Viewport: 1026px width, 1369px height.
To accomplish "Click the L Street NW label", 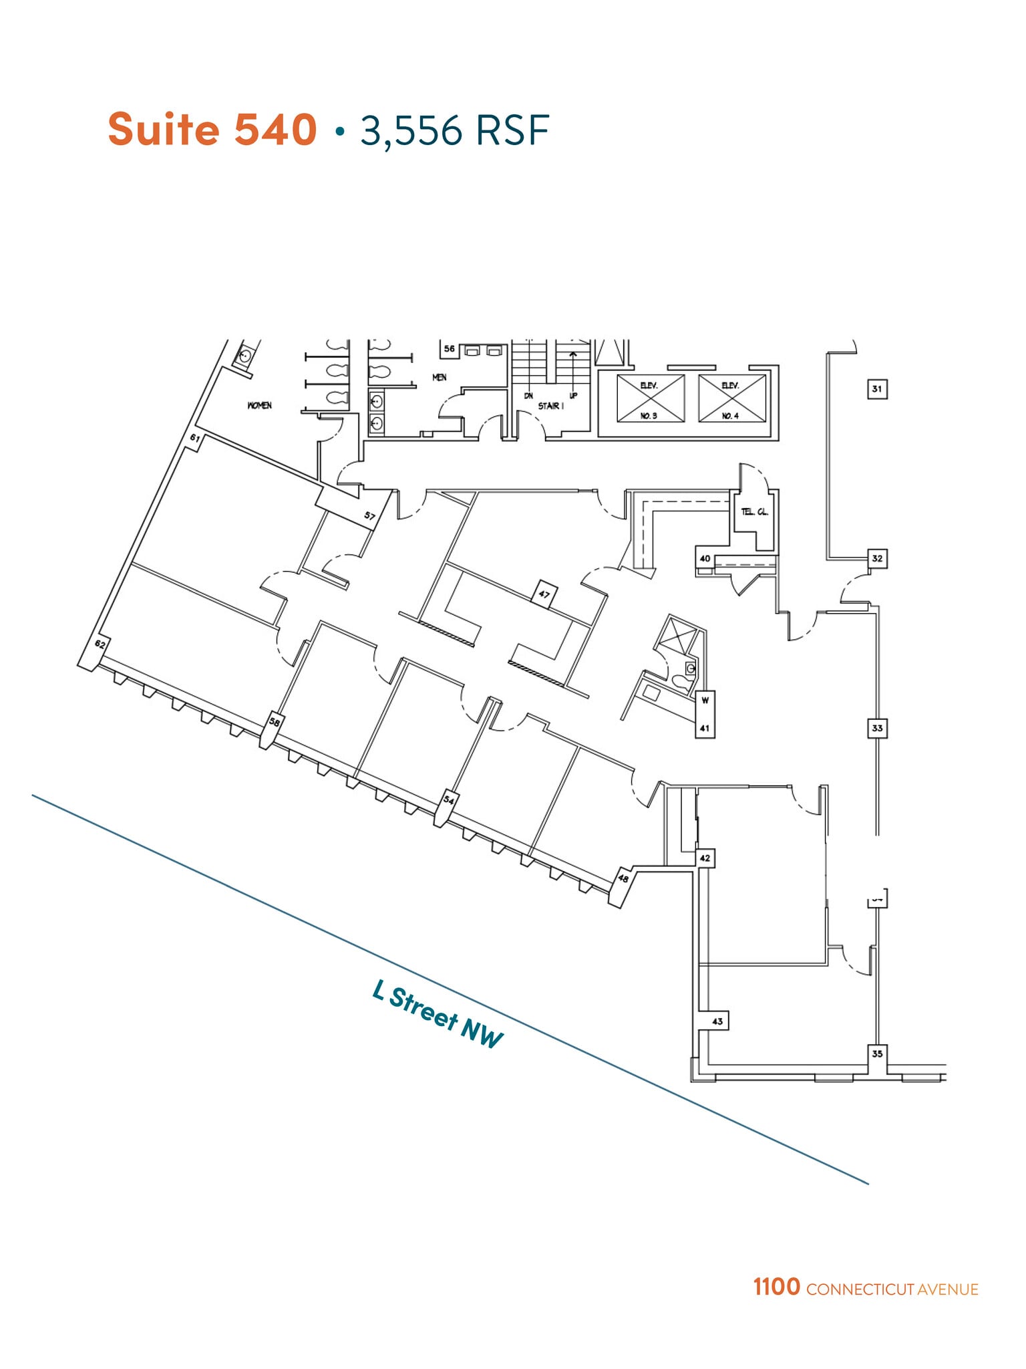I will [438, 1014].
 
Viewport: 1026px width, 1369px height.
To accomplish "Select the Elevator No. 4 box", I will [731, 398].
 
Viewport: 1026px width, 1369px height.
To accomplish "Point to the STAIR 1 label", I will [550, 406].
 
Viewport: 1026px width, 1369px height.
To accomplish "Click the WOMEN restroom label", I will [259, 405].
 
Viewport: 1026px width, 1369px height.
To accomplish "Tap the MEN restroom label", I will [439, 377].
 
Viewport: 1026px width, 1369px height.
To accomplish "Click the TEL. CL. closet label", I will [754, 512].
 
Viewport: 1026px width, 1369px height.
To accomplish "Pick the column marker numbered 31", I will [877, 388].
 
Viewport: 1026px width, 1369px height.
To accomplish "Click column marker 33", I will [877, 728].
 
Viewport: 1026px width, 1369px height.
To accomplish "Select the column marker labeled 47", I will [544, 594].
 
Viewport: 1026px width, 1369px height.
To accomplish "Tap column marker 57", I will [369, 515].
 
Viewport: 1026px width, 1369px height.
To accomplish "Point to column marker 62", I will [100, 644].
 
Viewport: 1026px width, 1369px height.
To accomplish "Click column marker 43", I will [717, 1021].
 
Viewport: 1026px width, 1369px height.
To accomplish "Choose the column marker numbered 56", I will [450, 348].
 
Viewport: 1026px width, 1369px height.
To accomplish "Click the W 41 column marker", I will [705, 715].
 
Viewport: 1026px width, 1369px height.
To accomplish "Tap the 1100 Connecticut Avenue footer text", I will [866, 1287].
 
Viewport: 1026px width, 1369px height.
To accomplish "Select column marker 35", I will [877, 1053].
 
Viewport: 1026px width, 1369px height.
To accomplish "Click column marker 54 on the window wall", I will [449, 800].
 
